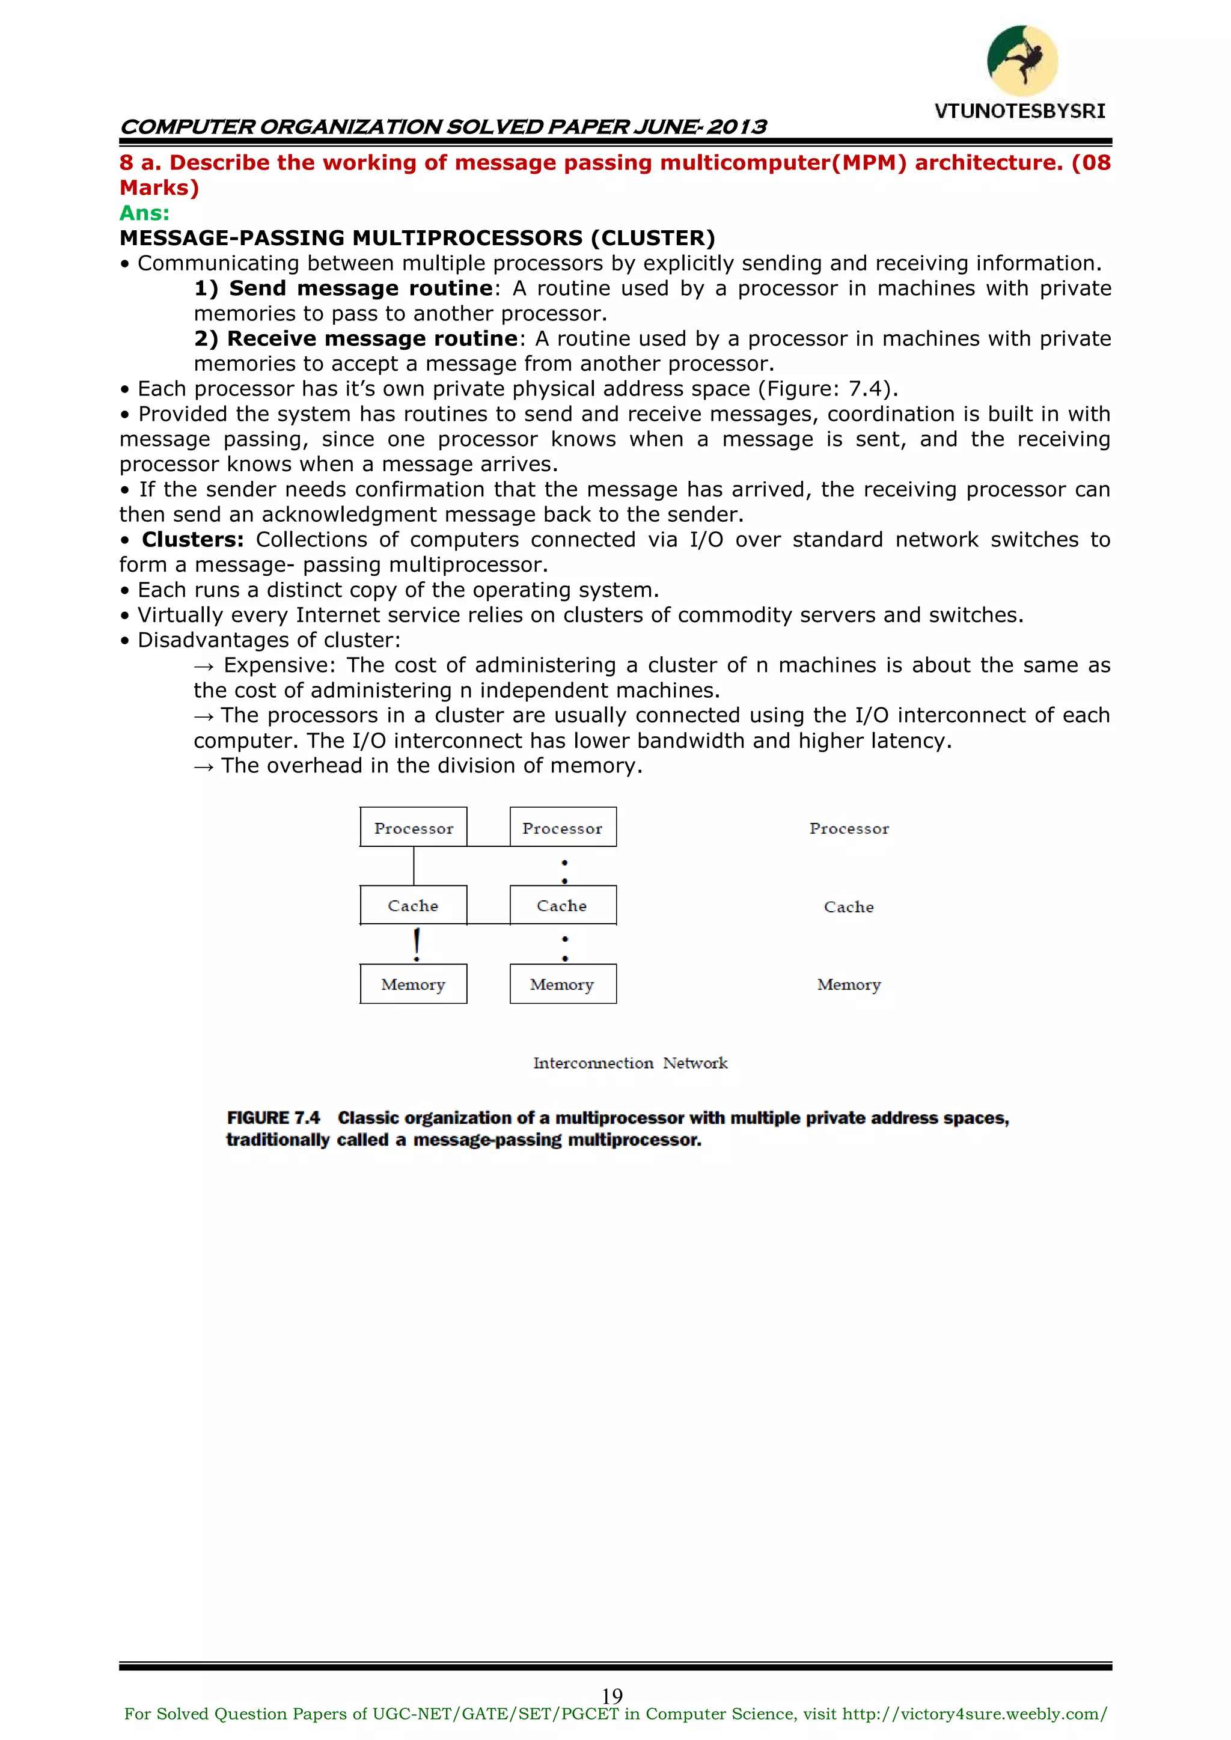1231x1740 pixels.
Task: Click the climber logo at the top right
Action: point(1022,61)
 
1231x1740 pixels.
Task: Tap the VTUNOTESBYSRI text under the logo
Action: point(1019,111)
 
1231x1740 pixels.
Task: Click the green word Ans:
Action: point(144,213)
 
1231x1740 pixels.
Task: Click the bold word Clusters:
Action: point(192,540)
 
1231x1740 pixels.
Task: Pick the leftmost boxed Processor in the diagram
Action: point(413,828)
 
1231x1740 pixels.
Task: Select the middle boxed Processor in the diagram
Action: point(563,828)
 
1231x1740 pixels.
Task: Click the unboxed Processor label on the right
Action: point(848,828)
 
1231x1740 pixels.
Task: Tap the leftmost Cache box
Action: point(413,906)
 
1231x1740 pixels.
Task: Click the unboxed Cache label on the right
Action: point(848,907)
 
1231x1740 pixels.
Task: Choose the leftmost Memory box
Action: point(413,984)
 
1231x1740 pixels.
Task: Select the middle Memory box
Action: point(563,984)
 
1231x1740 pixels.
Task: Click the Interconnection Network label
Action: point(630,1063)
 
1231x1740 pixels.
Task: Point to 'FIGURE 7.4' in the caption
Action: point(273,1118)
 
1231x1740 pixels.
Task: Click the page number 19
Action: point(612,1696)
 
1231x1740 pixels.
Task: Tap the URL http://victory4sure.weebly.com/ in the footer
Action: point(975,1714)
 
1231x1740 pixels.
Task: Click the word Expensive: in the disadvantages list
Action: point(279,665)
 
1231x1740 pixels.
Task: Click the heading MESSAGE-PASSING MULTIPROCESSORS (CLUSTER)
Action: point(417,238)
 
